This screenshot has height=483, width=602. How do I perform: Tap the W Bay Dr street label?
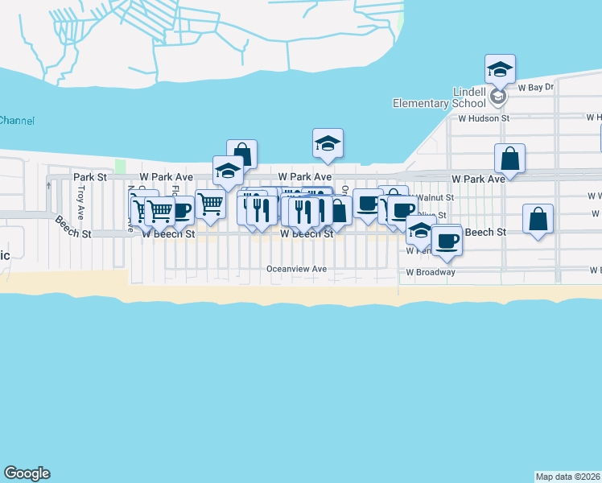click(536, 87)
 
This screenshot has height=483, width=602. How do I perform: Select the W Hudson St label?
click(484, 118)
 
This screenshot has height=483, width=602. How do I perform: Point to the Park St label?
click(89, 176)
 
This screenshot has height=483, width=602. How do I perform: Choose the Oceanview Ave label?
click(297, 269)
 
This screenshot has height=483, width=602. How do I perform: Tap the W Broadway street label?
click(430, 272)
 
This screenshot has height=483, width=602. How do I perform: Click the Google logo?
click(27, 473)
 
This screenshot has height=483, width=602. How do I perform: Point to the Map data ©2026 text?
click(568, 477)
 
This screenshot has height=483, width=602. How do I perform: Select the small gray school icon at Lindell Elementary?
click(498, 97)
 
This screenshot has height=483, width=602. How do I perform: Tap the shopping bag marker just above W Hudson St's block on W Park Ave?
click(510, 158)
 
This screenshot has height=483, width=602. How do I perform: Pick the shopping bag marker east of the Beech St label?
click(538, 219)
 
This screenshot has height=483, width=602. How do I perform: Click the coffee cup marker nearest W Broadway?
click(446, 239)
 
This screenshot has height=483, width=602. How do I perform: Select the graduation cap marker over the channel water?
click(328, 142)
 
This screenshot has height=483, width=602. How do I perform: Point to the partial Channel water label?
click(16, 121)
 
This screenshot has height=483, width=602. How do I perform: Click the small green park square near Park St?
click(121, 166)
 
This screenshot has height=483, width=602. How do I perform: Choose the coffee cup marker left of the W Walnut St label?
click(368, 203)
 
